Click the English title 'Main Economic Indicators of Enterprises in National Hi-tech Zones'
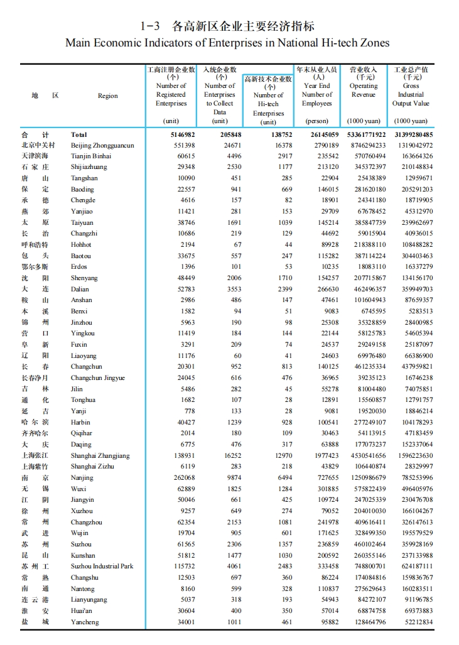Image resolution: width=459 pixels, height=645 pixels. tap(227, 43)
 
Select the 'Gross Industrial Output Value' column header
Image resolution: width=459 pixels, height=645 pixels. tap(411, 94)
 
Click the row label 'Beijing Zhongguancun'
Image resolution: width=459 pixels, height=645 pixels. tap(102, 145)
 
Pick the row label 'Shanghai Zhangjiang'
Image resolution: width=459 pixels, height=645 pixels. tap(100, 455)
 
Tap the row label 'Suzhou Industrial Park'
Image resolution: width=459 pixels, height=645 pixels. tap(102, 566)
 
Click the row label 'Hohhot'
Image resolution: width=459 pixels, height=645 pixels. tap(82, 245)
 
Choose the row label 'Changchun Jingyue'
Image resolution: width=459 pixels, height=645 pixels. tap(97, 378)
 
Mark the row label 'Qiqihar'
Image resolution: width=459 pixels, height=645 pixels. tap(82, 433)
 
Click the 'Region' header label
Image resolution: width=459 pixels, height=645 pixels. tap(107, 96)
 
